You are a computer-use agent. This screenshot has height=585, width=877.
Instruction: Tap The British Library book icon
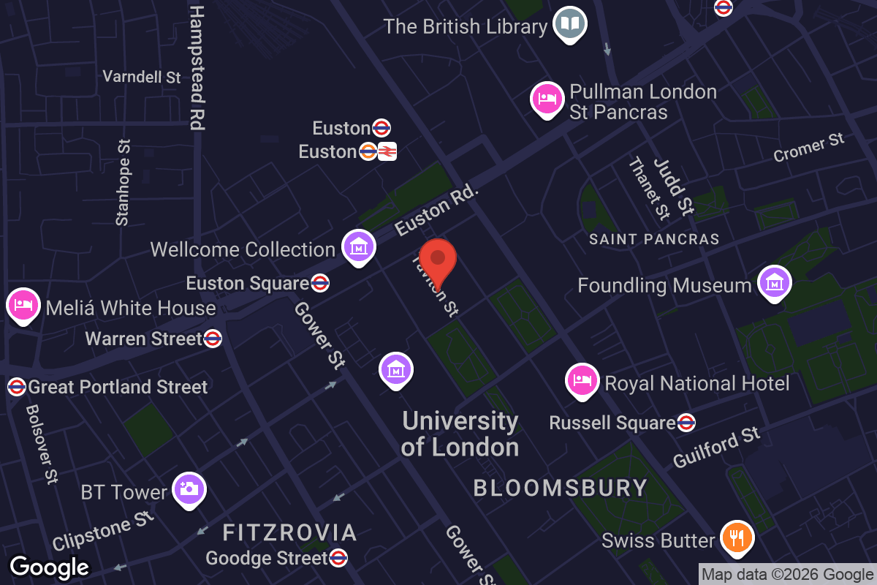pyautogui.click(x=570, y=24)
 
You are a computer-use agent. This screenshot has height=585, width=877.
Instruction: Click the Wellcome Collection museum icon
pyautogui.click(x=359, y=247)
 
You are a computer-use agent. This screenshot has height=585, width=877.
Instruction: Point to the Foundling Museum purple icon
pyautogui.click(x=774, y=282)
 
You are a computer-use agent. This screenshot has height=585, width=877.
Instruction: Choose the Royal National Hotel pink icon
pyautogui.click(x=582, y=380)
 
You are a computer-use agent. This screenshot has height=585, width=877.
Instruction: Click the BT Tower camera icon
pyautogui.click(x=189, y=489)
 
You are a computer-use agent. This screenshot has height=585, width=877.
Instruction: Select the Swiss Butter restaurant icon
pyautogui.click(x=737, y=538)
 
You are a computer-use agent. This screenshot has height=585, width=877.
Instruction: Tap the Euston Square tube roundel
pyautogui.click(x=319, y=283)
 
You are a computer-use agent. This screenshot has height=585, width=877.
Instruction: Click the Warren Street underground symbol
pyautogui.click(x=213, y=339)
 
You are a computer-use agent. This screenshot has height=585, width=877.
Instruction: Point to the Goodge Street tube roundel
pyautogui.click(x=338, y=559)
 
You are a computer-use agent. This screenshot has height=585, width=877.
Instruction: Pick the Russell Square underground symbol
pyautogui.click(x=686, y=423)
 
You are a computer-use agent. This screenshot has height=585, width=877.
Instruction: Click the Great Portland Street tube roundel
pyautogui.click(x=16, y=387)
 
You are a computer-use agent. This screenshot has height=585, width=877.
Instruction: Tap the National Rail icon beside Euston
pyautogui.click(x=387, y=151)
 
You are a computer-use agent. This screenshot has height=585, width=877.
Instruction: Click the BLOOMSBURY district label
pyautogui.click(x=561, y=488)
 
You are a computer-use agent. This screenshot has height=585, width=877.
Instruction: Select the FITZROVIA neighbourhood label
pyautogui.click(x=290, y=532)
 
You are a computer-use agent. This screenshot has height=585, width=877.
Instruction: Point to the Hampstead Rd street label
pyautogui.click(x=197, y=68)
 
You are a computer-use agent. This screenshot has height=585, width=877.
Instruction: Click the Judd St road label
pyautogui.click(x=673, y=187)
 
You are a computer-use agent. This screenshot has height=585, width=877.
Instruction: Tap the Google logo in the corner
pyautogui.click(x=50, y=567)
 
